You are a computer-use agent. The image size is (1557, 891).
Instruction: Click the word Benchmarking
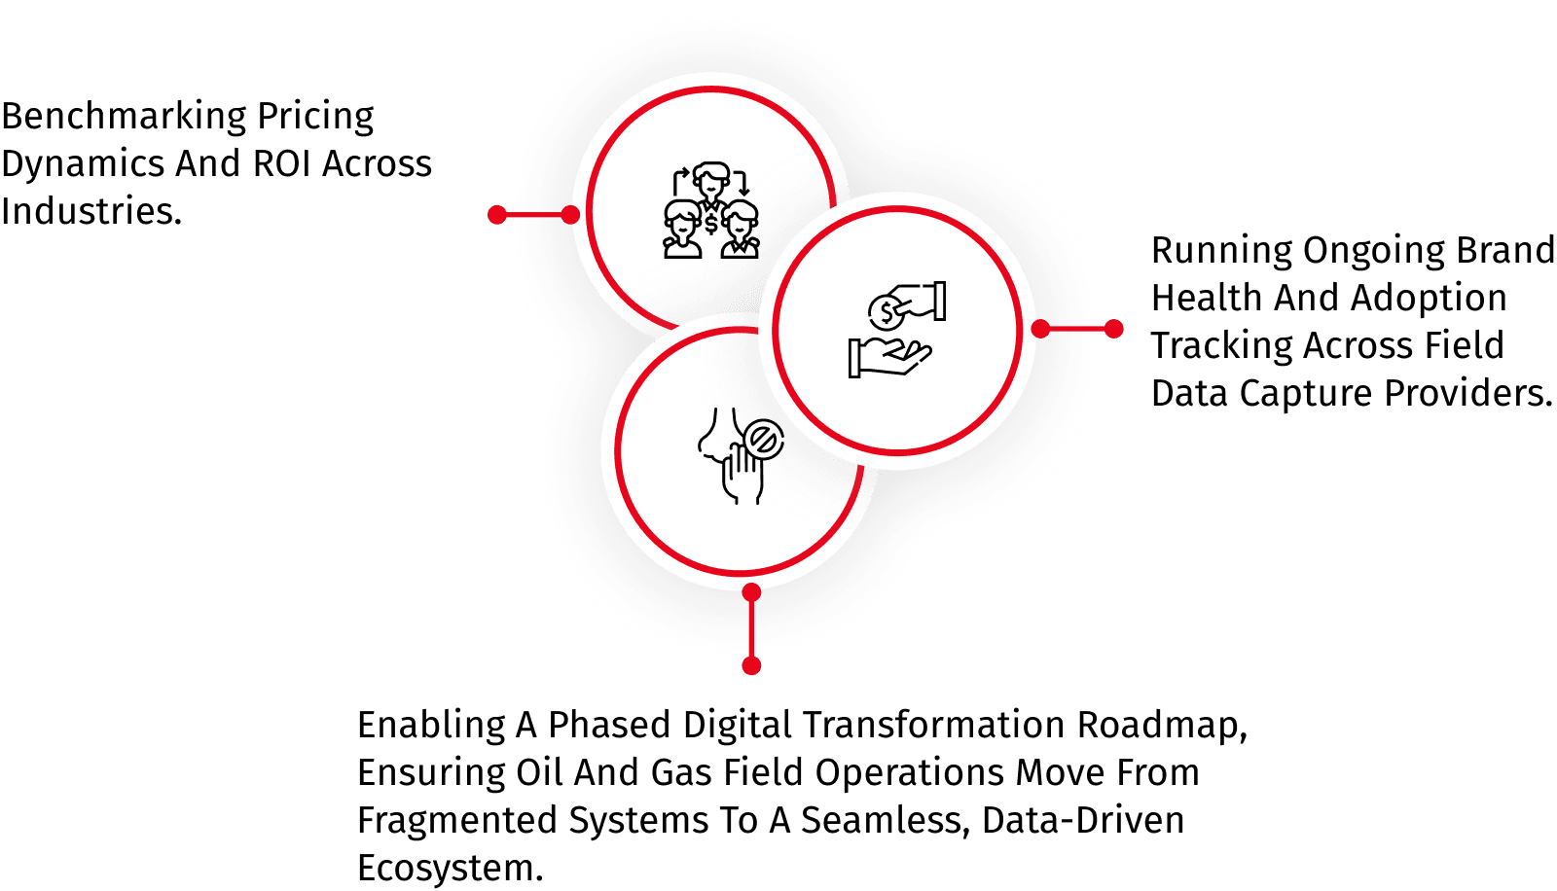click(x=124, y=117)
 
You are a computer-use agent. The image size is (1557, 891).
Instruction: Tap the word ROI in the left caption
click(x=281, y=163)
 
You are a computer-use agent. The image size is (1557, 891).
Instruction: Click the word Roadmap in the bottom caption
click(x=1162, y=725)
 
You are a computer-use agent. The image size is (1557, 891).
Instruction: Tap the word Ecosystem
click(x=450, y=868)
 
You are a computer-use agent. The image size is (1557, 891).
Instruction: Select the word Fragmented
click(x=457, y=821)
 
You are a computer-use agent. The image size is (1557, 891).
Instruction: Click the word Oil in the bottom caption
click(x=539, y=772)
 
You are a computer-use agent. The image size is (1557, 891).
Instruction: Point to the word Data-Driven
click(x=1082, y=820)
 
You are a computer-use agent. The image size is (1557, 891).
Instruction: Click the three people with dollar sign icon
click(x=710, y=210)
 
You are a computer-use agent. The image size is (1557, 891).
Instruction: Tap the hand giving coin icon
click(x=897, y=330)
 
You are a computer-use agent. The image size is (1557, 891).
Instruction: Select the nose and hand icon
click(x=741, y=456)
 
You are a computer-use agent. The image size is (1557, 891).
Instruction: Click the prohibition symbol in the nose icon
click(x=763, y=440)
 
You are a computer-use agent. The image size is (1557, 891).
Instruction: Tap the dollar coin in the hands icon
click(x=887, y=313)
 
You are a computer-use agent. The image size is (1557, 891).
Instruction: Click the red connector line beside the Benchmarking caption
click(x=534, y=215)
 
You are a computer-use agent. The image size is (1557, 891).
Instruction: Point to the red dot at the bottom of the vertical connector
click(x=751, y=665)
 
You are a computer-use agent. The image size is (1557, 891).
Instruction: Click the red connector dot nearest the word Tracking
click(x=1113, y=329)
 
